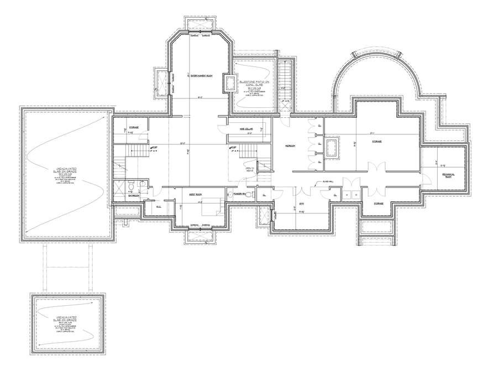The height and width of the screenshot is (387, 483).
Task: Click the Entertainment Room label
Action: (x=202, y=76)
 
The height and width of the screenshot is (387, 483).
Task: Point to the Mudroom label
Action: (x=290, y=146)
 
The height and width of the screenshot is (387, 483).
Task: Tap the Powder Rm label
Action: (x=239, y=194)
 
